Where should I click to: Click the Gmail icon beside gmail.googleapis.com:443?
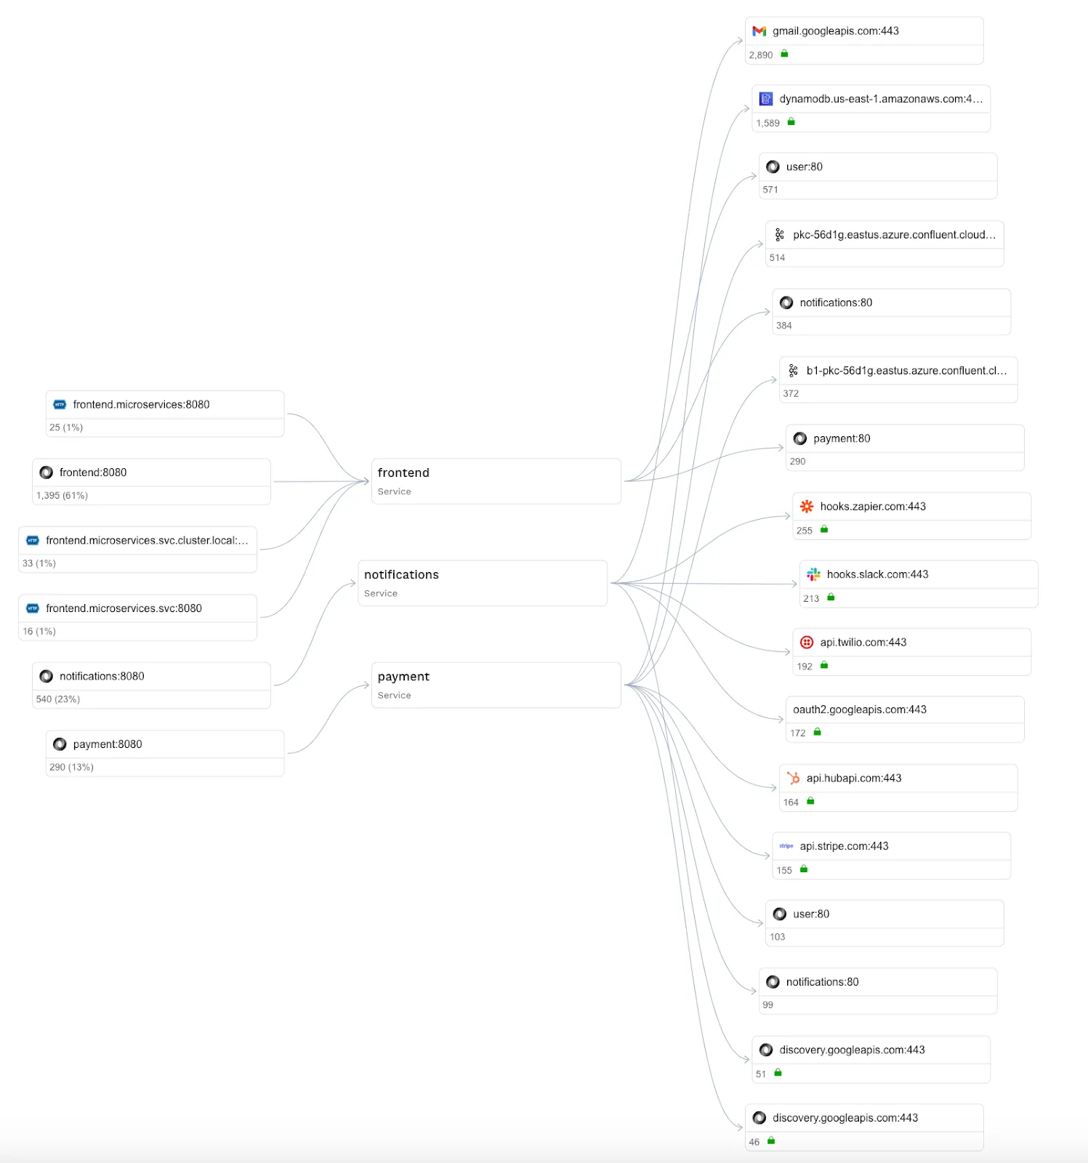pos(759,31)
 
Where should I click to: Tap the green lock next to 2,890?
pos(784,54)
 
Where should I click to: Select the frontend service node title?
pos(403,472)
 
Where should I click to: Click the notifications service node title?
pos(401,574)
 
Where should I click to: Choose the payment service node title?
pos(403,676)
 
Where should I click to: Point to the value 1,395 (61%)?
pos(62,495)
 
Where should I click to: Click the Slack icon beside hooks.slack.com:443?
pos(813,574)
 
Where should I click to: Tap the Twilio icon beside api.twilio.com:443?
pos(807,642)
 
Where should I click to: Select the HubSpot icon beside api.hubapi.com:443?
pos(793,778)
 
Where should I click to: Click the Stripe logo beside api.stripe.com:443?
pos(786,846)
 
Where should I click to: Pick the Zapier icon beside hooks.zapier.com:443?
pos(807,507)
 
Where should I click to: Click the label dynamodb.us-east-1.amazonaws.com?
pos(880,99)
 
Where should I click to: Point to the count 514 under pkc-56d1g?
pos(777,257)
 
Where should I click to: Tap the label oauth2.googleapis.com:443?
pos(859,709)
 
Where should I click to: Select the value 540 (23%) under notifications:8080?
pos(58,699)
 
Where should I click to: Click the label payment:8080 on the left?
pos(108,744)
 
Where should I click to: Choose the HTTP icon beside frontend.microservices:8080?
pos(60,405)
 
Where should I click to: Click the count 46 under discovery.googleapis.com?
pos(754,1142)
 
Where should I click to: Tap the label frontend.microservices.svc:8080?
pos(124,608)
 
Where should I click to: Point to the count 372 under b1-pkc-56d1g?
pos(791,393)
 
